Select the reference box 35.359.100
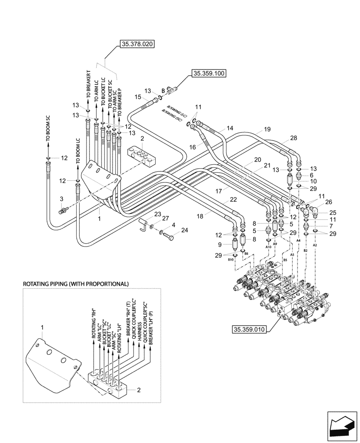(209, 74)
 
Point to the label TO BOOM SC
(49, 128)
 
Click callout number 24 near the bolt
(184, 230)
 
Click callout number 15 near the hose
(138, 97)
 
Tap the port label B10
(231, 260)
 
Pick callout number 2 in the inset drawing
(139, 390)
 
